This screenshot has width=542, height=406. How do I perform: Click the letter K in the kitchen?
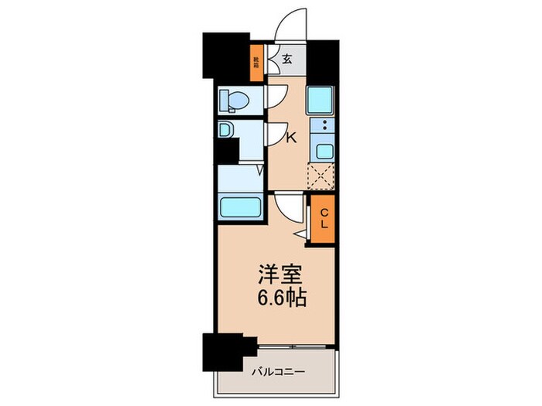pos(292,138)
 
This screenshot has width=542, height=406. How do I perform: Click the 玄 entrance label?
pos(286,59)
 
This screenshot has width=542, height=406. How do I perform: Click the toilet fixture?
pos(234,100)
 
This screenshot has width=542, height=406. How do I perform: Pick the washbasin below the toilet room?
pos(225,131)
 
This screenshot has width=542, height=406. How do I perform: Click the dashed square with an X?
pos(321,176)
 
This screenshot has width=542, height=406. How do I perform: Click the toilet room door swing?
pos(274,95)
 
